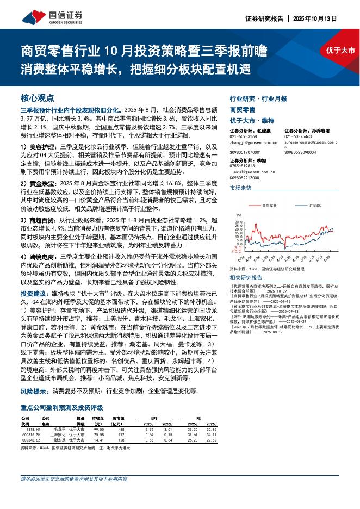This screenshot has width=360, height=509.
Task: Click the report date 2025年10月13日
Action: pos(315,18)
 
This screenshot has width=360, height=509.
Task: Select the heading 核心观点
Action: pos(37,98)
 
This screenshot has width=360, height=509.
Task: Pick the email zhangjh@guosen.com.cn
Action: pos(254,143)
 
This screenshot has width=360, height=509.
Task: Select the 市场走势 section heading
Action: pos(240,188)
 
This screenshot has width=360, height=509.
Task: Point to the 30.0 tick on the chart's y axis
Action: pos(238,222)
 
